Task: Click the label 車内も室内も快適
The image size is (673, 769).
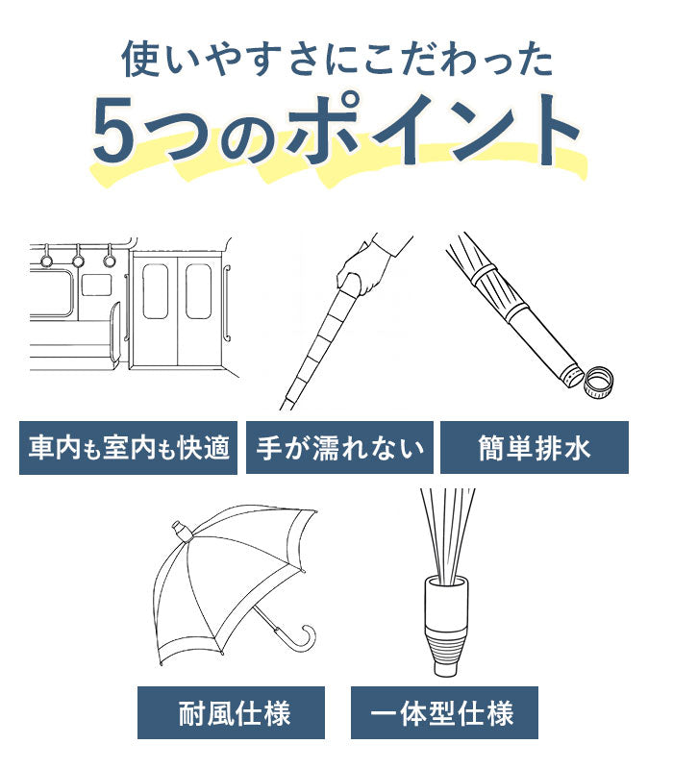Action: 129,448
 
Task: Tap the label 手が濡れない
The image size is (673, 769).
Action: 339,448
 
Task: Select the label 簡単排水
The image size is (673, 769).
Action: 535,448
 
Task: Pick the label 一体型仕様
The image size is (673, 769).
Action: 444,713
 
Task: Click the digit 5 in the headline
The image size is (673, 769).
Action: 113,130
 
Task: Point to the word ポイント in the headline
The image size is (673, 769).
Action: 434,130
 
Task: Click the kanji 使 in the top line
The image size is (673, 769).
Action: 139,59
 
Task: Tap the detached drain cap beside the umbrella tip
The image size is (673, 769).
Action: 599,382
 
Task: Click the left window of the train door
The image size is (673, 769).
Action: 156,291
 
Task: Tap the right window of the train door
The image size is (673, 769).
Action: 199,291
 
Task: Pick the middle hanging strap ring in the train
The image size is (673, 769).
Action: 78,260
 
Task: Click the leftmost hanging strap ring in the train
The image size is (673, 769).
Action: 45,260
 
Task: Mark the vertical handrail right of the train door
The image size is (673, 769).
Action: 227,302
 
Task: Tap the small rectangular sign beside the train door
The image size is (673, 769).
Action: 96,285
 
